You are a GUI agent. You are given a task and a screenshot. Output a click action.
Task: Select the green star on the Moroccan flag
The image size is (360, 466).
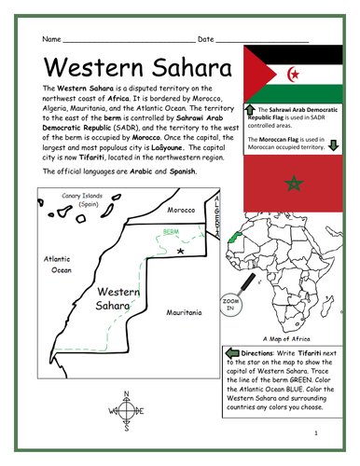click(x=294, y=181)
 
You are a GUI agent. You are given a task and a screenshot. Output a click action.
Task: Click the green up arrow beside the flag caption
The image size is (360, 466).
click(x=249, y=110)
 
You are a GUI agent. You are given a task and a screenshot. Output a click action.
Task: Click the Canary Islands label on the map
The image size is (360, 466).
click(x=75, y=199)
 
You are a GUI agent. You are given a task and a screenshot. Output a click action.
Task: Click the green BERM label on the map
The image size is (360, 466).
click(x=170, y=230)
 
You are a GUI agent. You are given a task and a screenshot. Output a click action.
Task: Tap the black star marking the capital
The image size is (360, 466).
click(x=194, y=251)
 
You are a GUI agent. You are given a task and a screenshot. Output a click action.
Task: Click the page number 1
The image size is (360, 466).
click(x=316, y=433)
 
